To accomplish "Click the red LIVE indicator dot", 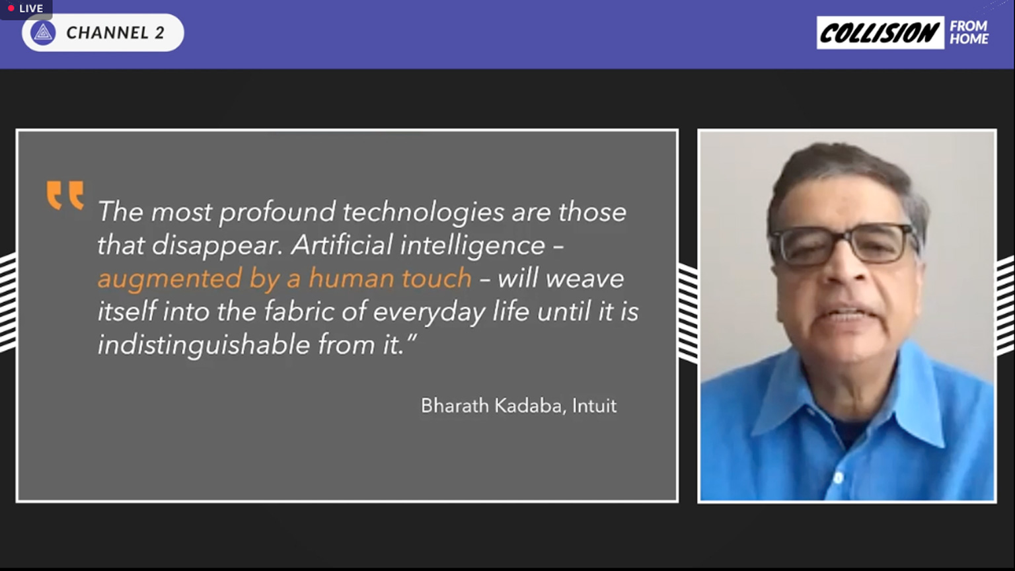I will pyautogui.click(x=11, y=9).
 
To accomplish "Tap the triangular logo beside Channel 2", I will pyautogui.click(x=43, y=32).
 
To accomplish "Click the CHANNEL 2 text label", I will pyautogui.click(x=115, y=32).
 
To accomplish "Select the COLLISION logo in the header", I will pyautogui.click(x=880, y=32).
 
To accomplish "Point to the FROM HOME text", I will pyautogui.click(x=969, y=32).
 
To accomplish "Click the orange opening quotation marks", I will pyautogui.click(x=65, y=195).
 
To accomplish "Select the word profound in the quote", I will pyautogui.click(x=277, y=212).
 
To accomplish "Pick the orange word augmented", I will pyautogui.click(x=169, y=279).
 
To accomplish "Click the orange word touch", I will pyautogui.click(x=436, y=278).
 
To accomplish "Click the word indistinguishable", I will pyautogui.click(x=204, y=344).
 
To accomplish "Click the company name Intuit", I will pyautogui.click(x=594, y=405).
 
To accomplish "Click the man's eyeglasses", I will pyautogui.click(x=845, y=243).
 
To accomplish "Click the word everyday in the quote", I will pyautogui.click(x=429, y=312).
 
